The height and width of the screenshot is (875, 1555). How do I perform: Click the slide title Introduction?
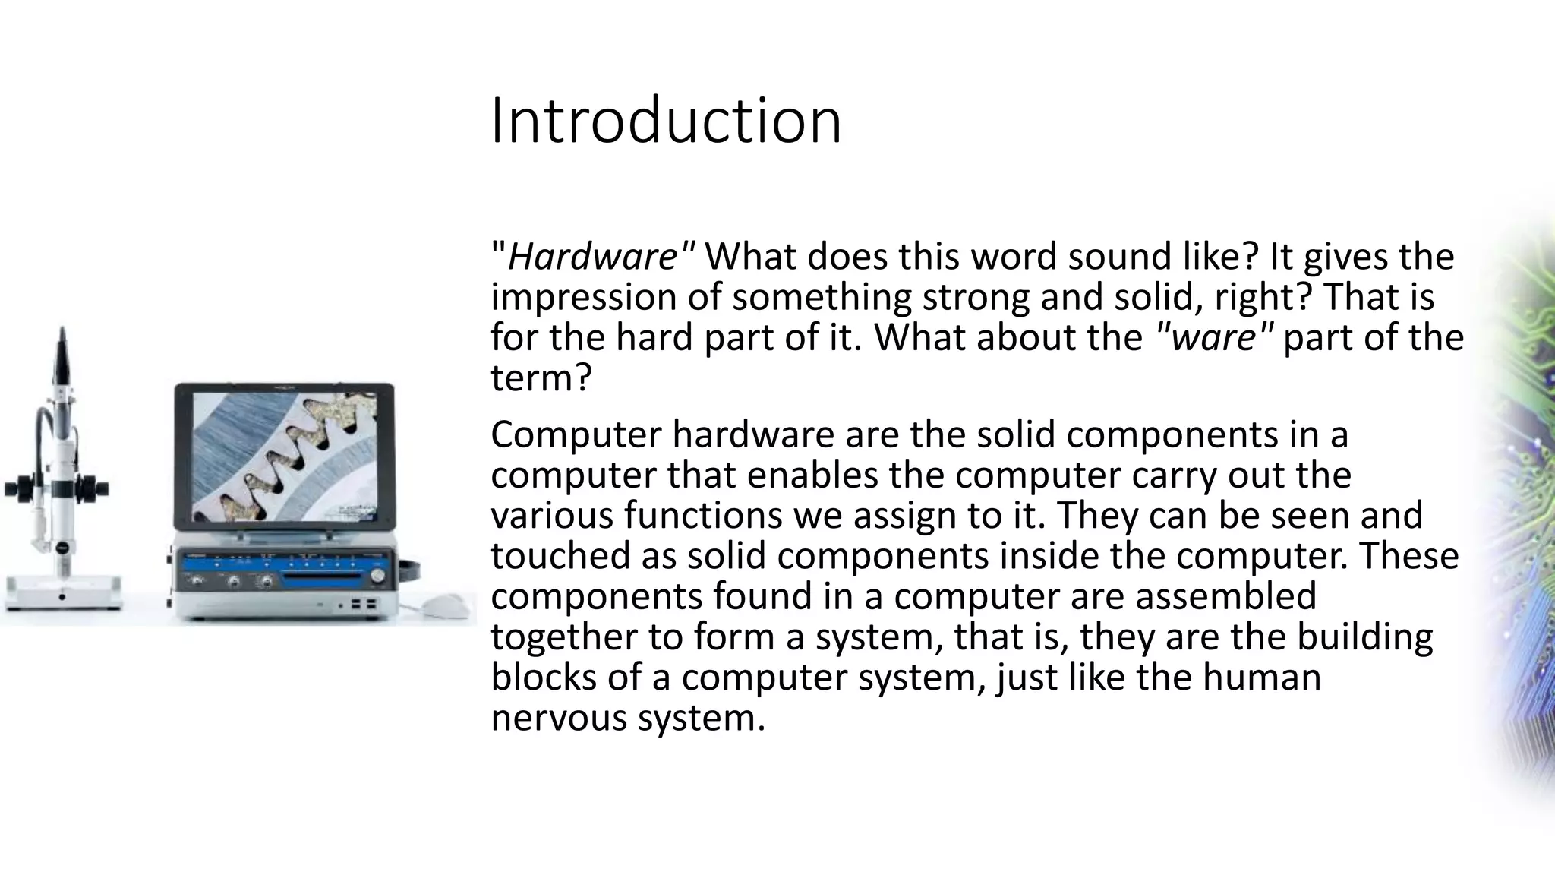click(666, 122)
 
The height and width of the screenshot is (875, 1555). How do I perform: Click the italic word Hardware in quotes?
click(591, 257)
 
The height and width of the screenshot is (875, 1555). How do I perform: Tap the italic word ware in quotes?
click(1214, 337)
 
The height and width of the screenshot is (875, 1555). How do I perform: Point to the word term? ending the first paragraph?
click(540, 377)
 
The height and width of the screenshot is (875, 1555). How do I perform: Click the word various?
click(552, 515)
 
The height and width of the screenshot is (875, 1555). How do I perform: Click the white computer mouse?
click(446, 605)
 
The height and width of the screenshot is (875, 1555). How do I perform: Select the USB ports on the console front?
click(362, 605)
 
